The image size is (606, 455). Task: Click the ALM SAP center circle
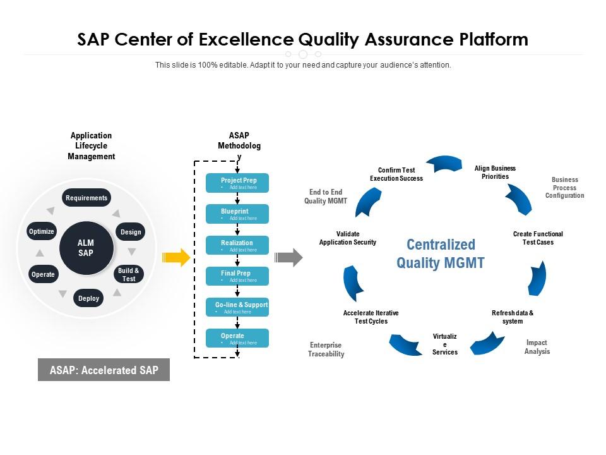(x=86, y=248)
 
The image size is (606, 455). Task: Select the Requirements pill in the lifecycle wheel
(x=86, y=198)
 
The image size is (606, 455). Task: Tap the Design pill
(x=131, y=232)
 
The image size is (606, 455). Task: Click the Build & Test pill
(x=129, y=274)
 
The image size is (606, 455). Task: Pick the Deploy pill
(x=89, y=298)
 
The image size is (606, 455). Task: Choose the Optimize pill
(x=42, y=231)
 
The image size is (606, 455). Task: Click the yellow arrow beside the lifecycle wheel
(x=175, y=257)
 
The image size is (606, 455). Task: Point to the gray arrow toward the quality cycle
(x=289, y=257)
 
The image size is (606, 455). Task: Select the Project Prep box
(x=237, y=183)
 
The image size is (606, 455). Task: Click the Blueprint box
(x=237, y=214)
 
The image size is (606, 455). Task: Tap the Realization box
(x=237, y=245)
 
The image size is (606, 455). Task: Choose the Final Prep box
(x=237, y=276)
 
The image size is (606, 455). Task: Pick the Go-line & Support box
(x=237, y=307)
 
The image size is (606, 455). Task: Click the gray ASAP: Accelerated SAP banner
(x=104, y=370)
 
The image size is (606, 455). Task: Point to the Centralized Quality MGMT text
(x=441, y=253)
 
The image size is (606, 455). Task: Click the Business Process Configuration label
(x=565, y=188)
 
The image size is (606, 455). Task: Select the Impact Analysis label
(x=537, y=347)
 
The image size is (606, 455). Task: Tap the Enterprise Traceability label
(x=326, y=349)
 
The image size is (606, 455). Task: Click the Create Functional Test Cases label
(x=538, y=238)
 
